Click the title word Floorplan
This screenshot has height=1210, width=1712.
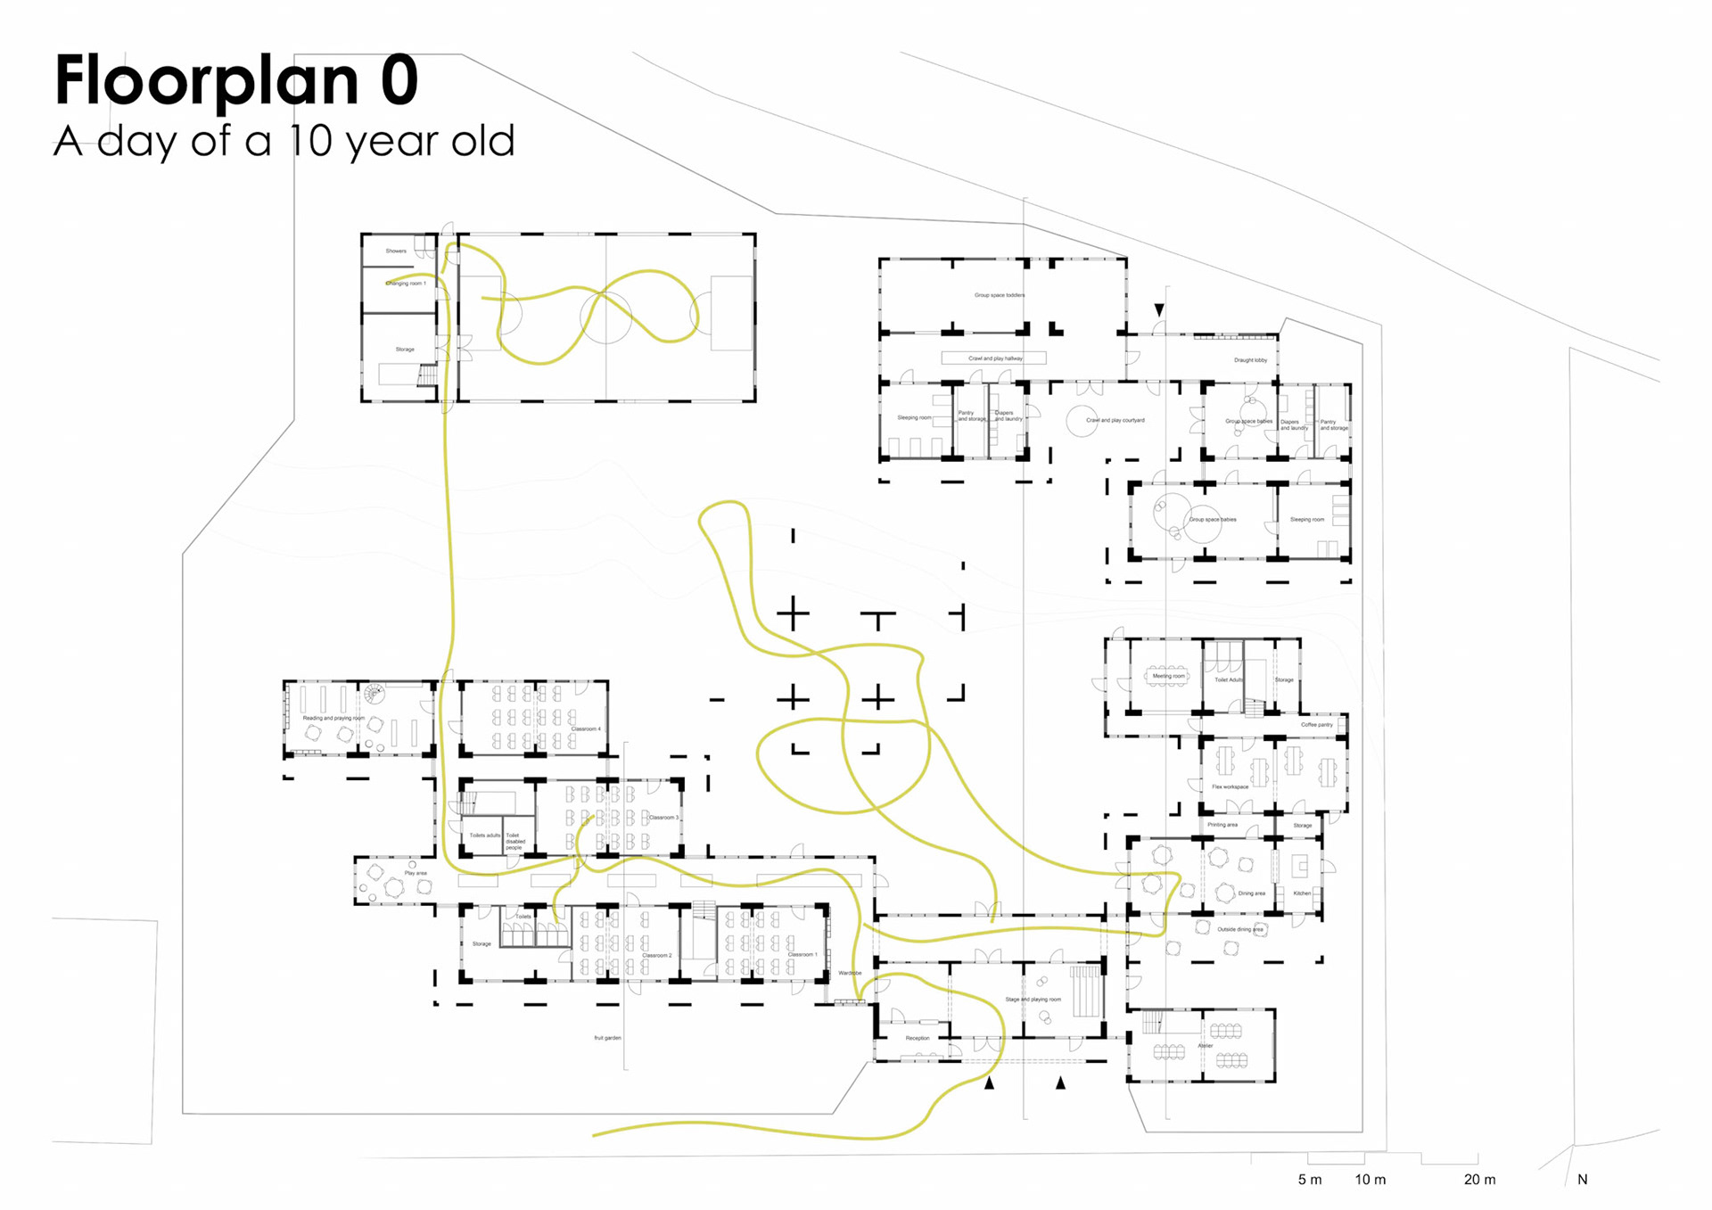[x=207, y=80]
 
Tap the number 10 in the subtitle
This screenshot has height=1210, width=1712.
[x=310, y=141]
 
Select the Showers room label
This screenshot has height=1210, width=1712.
[x=396, y=251]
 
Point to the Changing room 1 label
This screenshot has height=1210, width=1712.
[x=406, y=284]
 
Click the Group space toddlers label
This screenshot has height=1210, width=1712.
[x=1000, y=295]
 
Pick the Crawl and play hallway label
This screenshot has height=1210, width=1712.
[x=995, y=358]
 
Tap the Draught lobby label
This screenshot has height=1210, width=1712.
[x=1250, y=360]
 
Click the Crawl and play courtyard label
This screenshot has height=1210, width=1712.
[x=1115, y=420]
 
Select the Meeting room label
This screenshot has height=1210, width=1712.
[x=1168, y=676]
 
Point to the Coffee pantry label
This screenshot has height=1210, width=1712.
[x=1316, y=725]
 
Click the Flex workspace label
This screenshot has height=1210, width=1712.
[x=1230, y=787]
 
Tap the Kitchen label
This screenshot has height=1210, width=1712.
[x=1302, y=893]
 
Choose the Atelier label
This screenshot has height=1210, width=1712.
[x=1206, y=1046]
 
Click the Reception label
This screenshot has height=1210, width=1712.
[x=918, y=1039]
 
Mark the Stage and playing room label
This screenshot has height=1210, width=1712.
[x=1033, y=1000]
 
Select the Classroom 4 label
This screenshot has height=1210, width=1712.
[x=586, y=729]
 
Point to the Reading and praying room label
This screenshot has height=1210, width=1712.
[x=333, y=718]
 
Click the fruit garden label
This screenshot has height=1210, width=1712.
[x=607, y=1038]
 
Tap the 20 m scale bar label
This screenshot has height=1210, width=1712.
[x=1479, y=1180]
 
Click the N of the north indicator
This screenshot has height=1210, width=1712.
[x=1583, y=1180]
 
